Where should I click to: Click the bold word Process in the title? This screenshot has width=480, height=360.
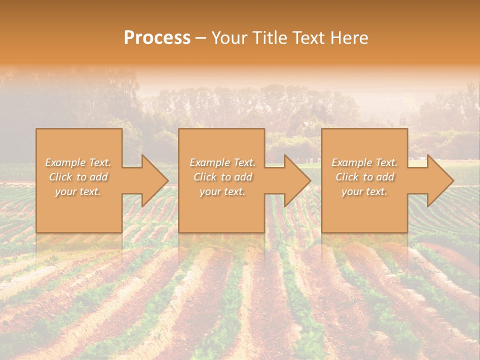[157, 38]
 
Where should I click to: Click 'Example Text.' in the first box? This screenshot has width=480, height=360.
[78, 162]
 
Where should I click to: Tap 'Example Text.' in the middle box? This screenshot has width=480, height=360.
[222, 162]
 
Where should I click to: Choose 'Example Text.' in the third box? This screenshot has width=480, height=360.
[364, 162]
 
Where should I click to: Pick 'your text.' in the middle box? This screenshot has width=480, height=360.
[222, 191]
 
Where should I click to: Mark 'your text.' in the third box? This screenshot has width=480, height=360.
[364, 191]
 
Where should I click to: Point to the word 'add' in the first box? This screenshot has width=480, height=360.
[99, 177]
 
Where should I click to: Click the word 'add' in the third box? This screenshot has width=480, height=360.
[385, 177]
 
